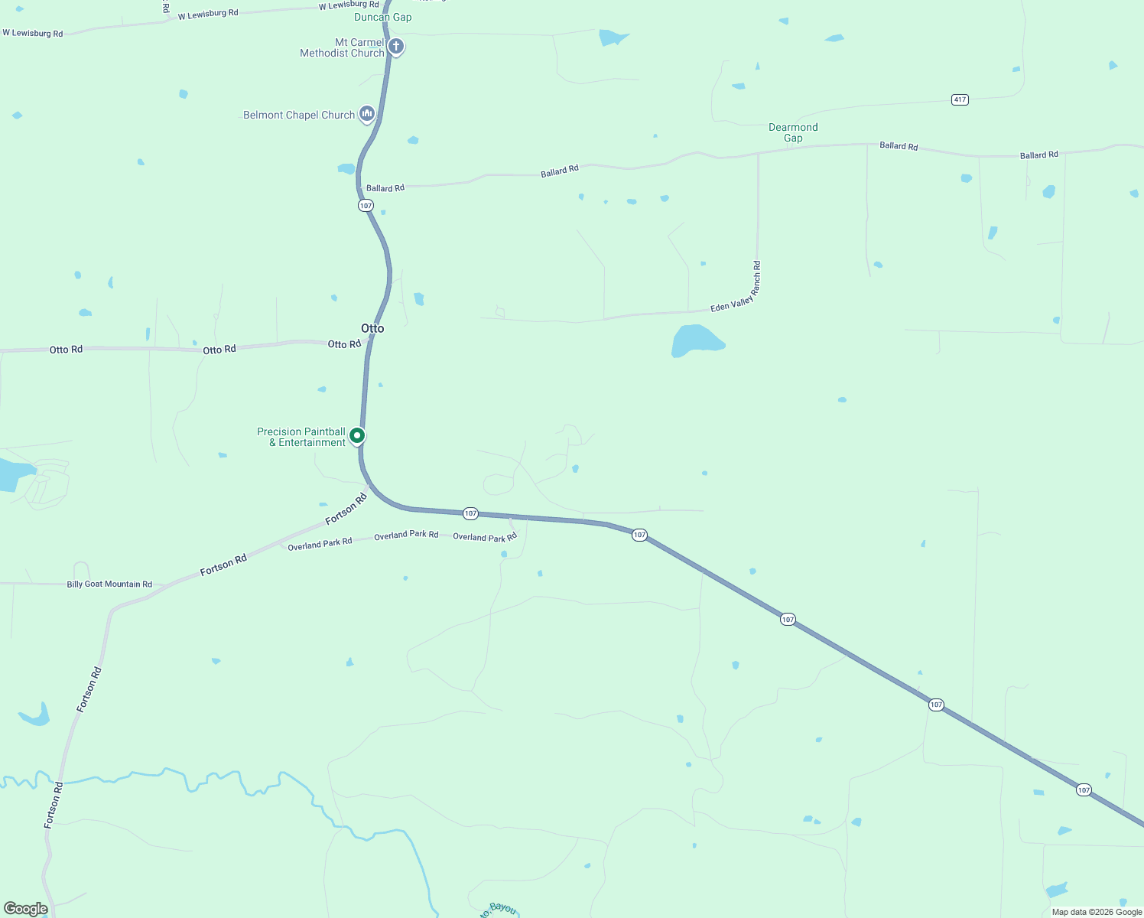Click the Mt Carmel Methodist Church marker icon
[x=396, y=46]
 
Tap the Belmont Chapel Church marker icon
[x=367, y=114]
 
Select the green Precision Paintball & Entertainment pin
[x=356, y=436]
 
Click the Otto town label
[x=372, y=328]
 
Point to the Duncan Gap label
[x=382, y=17]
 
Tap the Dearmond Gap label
[x=793, y=132]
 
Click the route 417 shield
[x=960, y=99]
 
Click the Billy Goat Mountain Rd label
[x=109, y=584]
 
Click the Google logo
[x=25, y=909]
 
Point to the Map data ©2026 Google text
[x=1097, y=912]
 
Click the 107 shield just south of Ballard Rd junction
[x=366, y=206]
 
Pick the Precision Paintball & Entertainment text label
[x=301, y=437]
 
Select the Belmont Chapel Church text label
[x=299, y=116]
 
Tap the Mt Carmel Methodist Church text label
[x=342, y=47]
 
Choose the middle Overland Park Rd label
[x=406, y=535]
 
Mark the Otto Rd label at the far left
[x=66, y=350]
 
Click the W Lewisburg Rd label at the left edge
[x=33, y=33]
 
